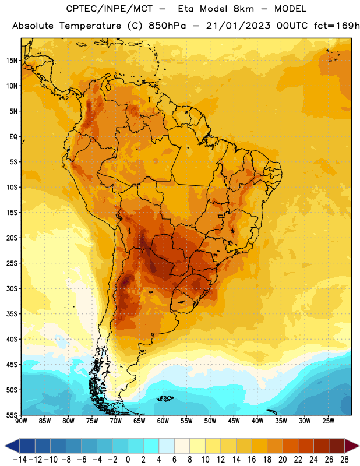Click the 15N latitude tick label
pos(12,61)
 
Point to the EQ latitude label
pos(13,137)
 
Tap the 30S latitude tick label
pos(12,288)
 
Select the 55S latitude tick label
pos(12,415)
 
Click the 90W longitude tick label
pos(21,421)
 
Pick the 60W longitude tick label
pos(163,421)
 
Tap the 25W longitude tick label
pos(328,421)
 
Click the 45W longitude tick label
pos(234,421)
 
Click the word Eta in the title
pos(186,9)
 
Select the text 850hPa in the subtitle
pos(167,26)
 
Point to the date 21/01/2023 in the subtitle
pos(238,26)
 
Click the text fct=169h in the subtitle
pos(337,26)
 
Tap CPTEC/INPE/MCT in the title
pos(109,9)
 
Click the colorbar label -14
pos(20,460)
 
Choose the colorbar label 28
pos(344,460)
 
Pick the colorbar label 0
pos(128,460)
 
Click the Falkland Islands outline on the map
pos(165,398)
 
